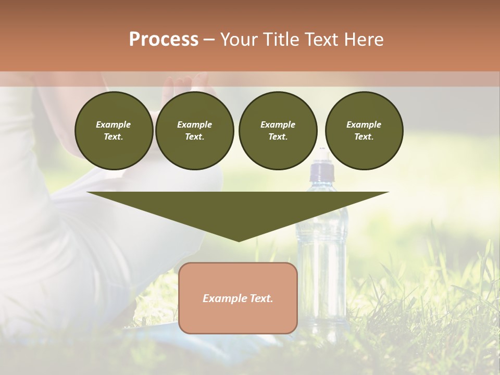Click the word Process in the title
pos(164,40)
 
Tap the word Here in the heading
pos(362,40)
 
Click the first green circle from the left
pos(114,131)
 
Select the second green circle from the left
pos(195,131)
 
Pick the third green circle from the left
pos(278,131)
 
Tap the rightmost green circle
pos(364,131)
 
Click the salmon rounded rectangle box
pos(238,298)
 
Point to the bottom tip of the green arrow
pos(239,241)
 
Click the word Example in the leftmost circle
pos(114,124)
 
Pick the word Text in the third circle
pos(277,137)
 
